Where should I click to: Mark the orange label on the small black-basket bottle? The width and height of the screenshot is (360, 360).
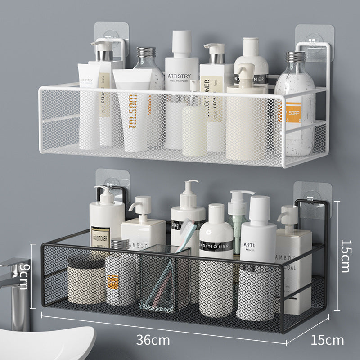click(113, 282)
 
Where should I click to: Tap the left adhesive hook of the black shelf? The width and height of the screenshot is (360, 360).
click(112, 182)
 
